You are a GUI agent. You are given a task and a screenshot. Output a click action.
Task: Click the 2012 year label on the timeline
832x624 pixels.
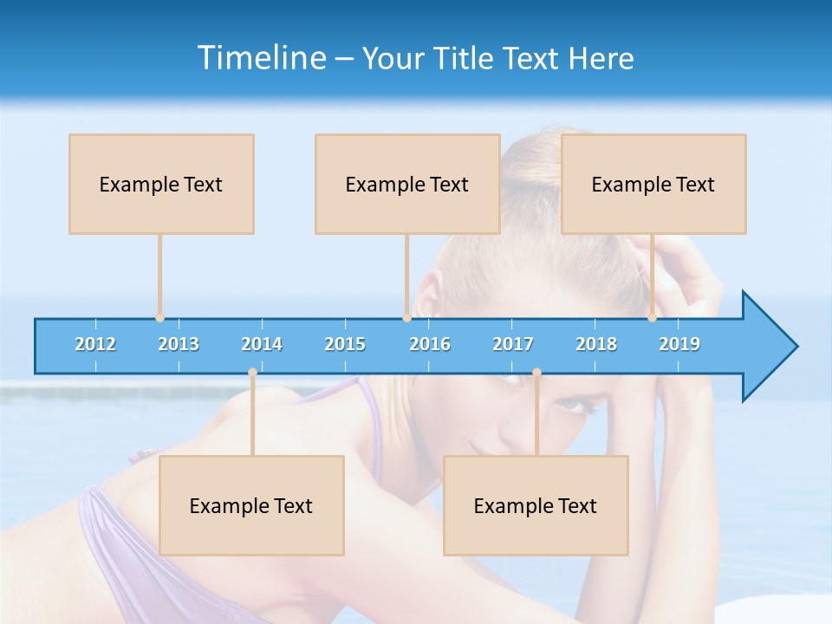[95, 345]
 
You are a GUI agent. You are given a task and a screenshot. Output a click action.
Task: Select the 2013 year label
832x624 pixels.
[179, 345]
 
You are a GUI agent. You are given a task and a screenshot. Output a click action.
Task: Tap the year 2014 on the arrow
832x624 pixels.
[262, 345]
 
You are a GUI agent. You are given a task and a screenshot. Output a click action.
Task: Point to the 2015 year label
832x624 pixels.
[345, 345]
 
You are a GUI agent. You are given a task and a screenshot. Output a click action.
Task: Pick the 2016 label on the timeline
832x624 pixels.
[430, 345]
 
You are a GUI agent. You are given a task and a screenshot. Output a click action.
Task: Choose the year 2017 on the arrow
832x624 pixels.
[513, 345]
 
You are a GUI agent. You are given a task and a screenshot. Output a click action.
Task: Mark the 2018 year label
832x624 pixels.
[596, 345]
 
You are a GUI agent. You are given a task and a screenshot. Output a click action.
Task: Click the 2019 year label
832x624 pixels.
[679, 345]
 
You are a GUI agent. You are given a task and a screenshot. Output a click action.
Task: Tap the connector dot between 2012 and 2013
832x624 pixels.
[159, 318]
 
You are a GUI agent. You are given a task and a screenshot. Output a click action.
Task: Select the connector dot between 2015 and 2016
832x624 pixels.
[406, 318]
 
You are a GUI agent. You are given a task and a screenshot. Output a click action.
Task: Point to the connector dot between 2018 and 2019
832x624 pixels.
[653, 318]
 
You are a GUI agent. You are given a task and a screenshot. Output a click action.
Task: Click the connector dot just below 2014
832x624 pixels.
[252, 373]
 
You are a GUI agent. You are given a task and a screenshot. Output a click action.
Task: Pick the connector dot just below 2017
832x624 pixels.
[536, 373]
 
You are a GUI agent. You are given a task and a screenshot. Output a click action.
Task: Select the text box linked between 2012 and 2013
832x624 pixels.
[161, 185]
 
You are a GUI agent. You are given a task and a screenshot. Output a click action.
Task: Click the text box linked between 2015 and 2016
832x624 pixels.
[407, 185]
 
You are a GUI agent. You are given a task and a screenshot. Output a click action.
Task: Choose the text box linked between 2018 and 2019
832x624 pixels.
[653, 185]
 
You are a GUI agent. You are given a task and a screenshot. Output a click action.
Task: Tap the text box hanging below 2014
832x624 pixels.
[251, 506]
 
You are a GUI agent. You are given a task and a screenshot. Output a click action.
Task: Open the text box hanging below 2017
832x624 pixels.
[536, 506]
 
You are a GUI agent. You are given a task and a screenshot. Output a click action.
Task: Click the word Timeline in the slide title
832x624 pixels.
[262, 58]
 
